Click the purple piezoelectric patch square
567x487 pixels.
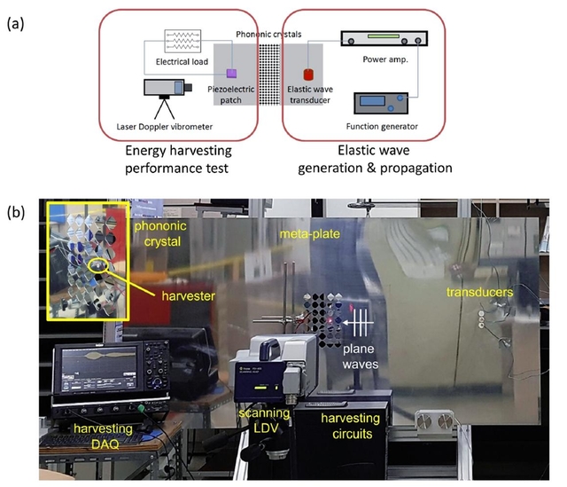[231, 74]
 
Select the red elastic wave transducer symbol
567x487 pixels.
[308, 75]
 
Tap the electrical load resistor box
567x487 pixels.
[183, 41]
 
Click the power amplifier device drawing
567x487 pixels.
[384, 38]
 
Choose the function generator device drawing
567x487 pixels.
[381, 103]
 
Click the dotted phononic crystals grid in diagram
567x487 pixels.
[269, 75]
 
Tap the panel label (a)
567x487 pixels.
[15, 24]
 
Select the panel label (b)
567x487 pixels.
[16, 213]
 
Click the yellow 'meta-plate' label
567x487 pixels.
[309, 234]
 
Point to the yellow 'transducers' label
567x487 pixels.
[479, 292]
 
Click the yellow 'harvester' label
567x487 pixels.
[188, 296]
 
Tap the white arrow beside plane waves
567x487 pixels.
[359, 322]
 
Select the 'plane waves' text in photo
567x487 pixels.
[361, 357]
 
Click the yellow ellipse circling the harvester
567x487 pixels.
[97, 266]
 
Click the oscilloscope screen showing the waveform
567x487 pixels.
[99, 369]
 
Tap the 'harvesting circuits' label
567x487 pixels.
[351, 426]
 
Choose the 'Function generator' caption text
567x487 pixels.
[382, 126]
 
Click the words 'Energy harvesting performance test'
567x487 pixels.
[178, 160]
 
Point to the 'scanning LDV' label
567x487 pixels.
[264, 420]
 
